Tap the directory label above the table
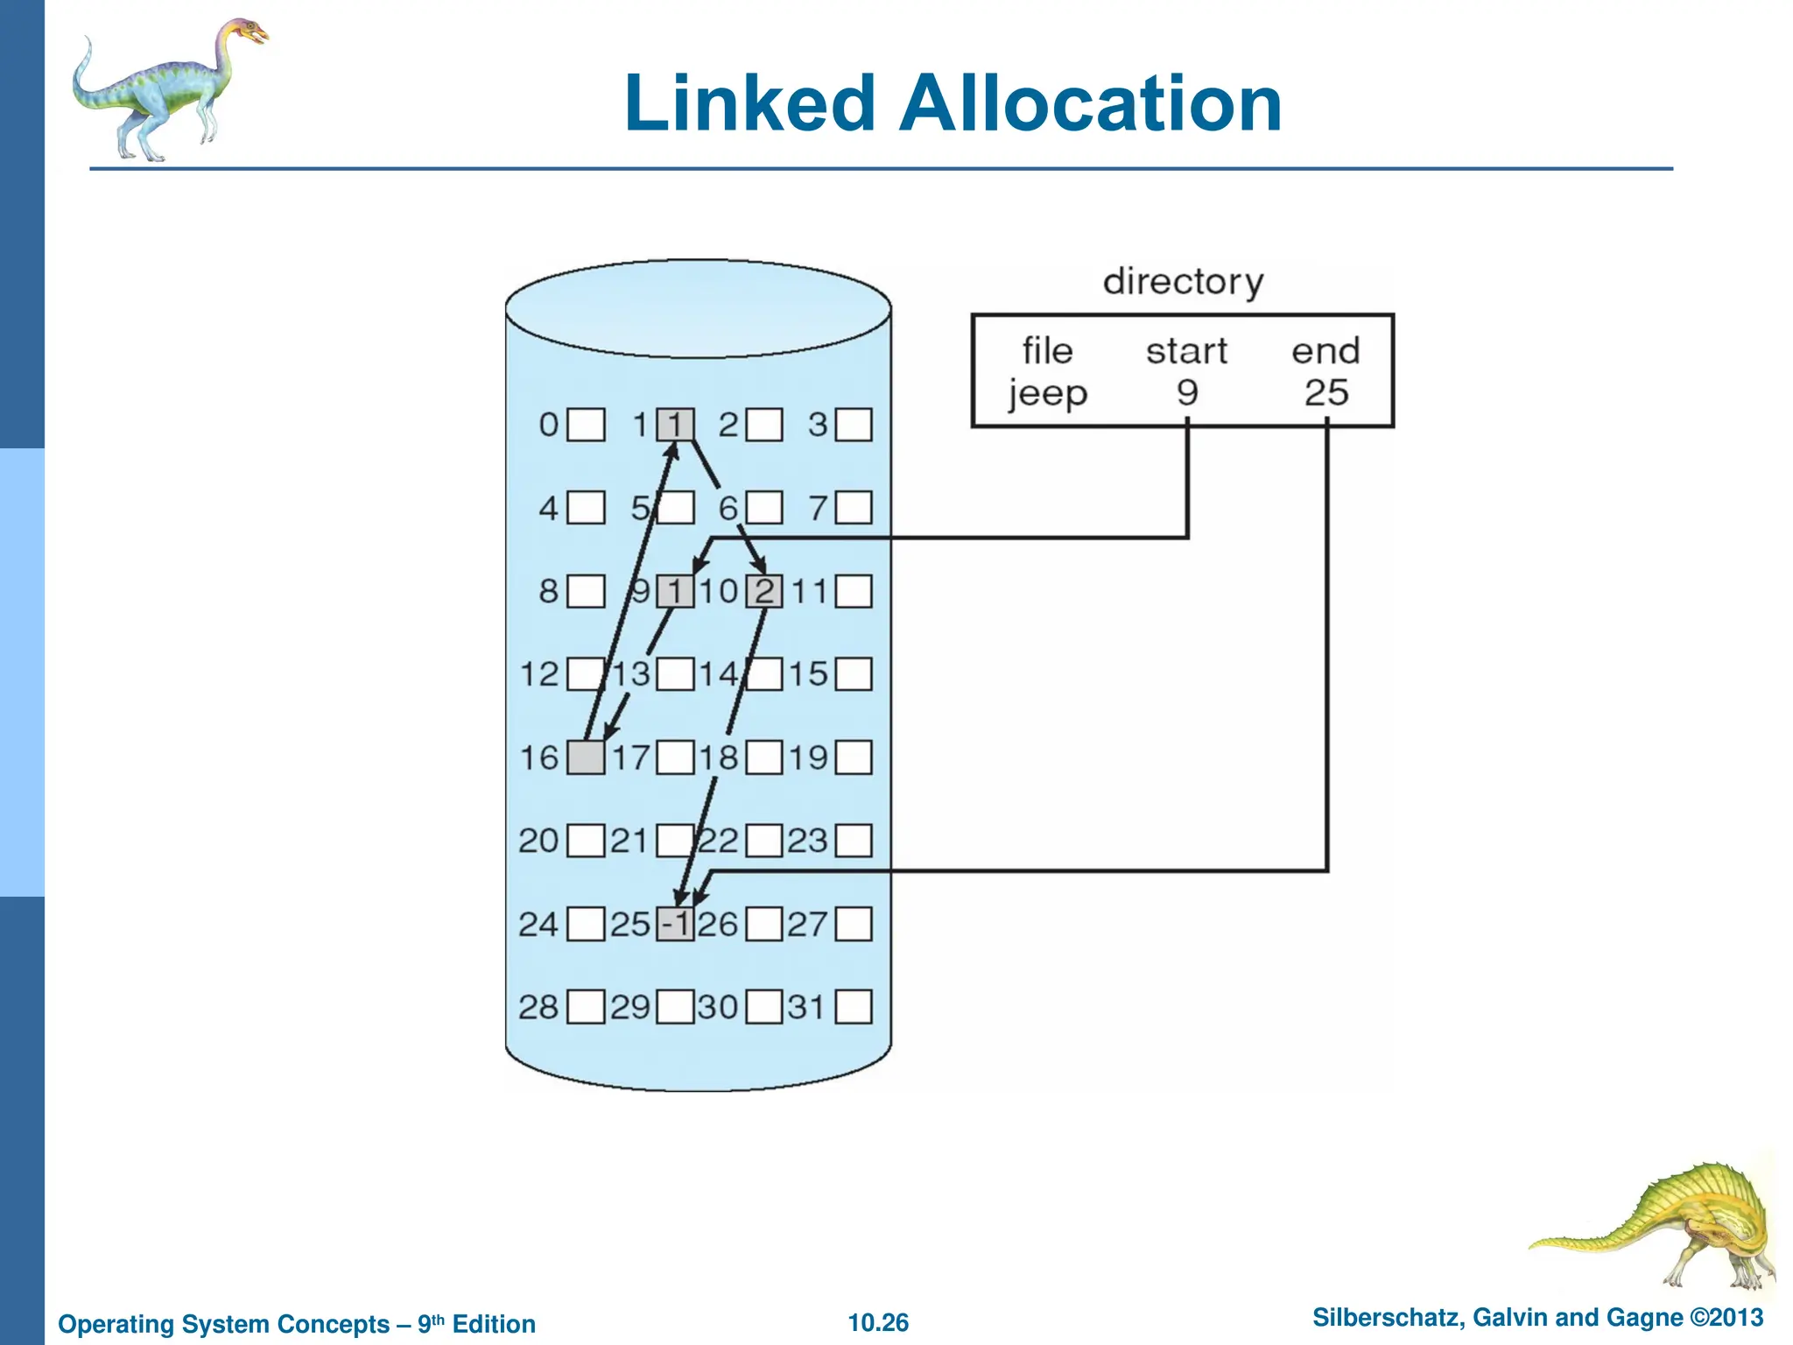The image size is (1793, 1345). (x=1183, y=282)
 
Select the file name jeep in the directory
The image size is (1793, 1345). (x=1047, y=393)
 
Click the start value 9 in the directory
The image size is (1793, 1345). (x=1186, y=392)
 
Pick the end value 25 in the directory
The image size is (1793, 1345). (x=1325, y=392)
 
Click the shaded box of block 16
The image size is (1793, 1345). (x=586, y=757)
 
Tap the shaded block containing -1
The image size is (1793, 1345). (x=675, y=924)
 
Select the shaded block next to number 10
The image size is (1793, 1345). (x=763, y=591)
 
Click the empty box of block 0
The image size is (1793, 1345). (x=586, y=426)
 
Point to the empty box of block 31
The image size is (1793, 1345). (x=854, y=1007)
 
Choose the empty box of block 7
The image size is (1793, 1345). (x=854, y=508)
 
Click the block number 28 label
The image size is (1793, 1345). (x=538, y=1007)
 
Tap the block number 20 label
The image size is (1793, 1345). (x=538, y=841)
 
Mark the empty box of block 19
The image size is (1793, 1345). (x=854, y=757)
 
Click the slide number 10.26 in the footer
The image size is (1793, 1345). (x=878, y=1322)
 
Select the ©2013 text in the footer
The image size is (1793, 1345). (x=1726, y=1318)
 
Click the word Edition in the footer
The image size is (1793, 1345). (x=494, y=1324)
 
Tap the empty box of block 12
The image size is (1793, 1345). (x=586, y=674)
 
